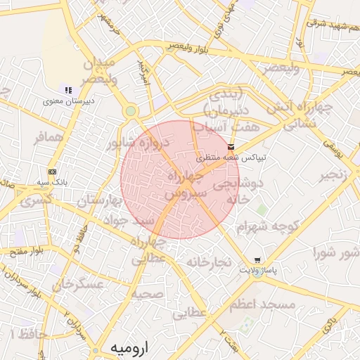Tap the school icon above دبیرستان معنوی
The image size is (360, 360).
(x=68, y=90)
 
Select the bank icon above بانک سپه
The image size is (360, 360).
(x=52, y=172)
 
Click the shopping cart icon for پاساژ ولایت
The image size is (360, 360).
(x=257, y=259)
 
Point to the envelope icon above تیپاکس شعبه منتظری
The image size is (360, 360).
(x=231, y=146)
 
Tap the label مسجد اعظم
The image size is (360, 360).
(x=271, y=304)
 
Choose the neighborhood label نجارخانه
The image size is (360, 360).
(x=209, y=262)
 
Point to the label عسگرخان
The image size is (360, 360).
(x=77, y=285)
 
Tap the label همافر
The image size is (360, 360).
(x=50, y=137)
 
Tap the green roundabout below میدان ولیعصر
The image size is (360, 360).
(x=131, y=111)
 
